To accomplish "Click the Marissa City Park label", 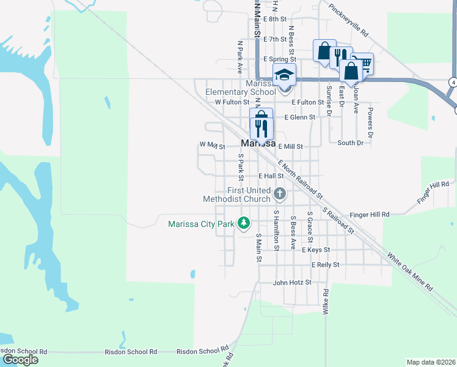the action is click(x=202, y=224).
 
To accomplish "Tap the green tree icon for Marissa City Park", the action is click(x=244, y=223).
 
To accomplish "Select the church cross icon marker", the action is click(x=280, y=194).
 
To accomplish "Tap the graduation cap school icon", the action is click(x=284, y=75).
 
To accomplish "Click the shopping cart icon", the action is click(x=362, y=62).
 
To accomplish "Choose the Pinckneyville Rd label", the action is click(x=348, y=20).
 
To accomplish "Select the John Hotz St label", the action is click(x=292, y=283).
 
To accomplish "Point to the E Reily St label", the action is click(x=325, y=265).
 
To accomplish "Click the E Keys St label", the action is click(x=315, y=250).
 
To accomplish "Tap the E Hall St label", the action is click(x=271, y=176).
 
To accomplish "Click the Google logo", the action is click(x=20, y=360).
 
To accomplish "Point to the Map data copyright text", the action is click(x=431, y=362).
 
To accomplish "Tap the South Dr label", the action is click(x=350, y=143).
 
